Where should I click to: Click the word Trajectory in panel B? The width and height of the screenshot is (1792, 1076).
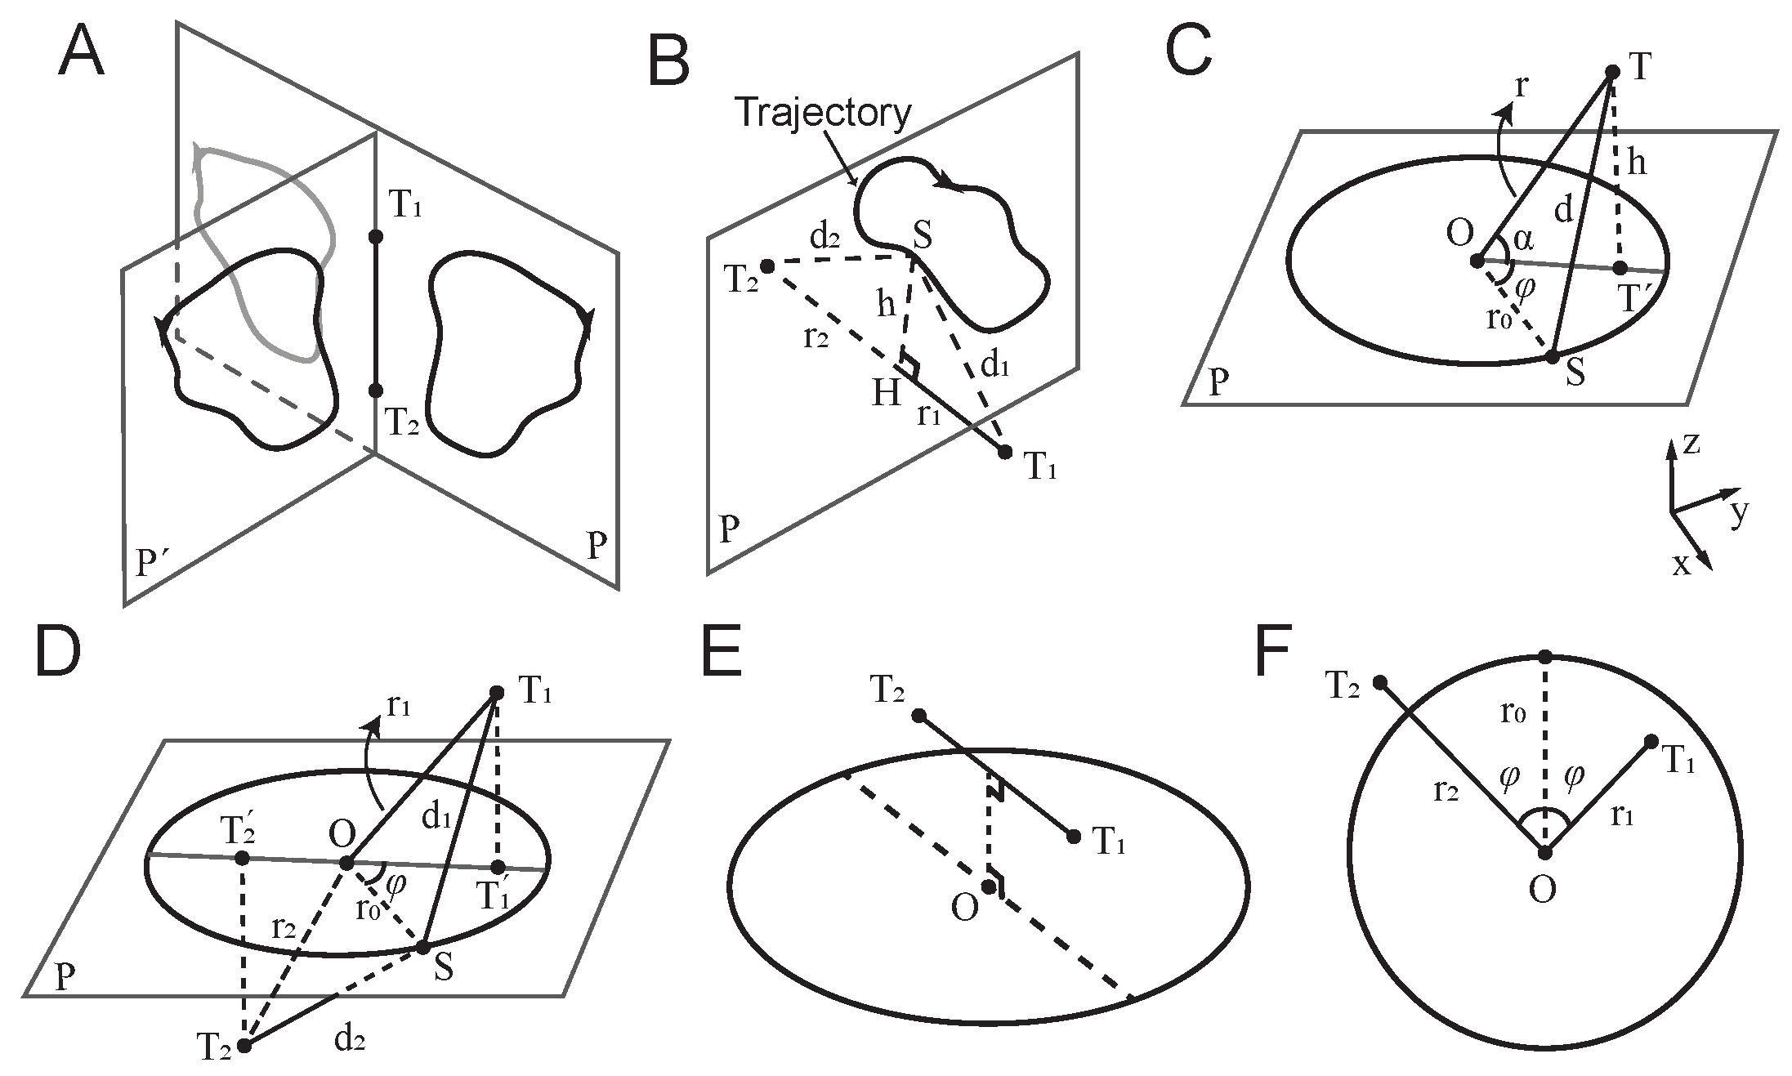[824, 112]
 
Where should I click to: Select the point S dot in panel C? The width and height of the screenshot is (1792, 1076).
[1551, 356]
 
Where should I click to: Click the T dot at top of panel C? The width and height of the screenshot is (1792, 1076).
[1612, 72]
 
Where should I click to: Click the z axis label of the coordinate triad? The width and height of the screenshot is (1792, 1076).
[1691, 444]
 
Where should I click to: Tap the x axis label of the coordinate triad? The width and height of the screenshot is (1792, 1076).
[1680, 565]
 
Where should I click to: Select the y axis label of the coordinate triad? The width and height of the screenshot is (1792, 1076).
[1740, 511]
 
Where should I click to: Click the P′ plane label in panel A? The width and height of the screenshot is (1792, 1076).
[152, 562]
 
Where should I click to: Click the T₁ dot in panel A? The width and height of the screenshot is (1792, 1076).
[376, 237]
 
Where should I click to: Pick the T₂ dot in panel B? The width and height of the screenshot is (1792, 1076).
[766, 266]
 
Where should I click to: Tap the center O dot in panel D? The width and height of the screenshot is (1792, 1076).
[346, 863]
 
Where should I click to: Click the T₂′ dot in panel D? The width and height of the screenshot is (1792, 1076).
[242, 858]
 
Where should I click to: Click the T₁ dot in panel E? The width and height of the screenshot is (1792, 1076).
[1074, 837]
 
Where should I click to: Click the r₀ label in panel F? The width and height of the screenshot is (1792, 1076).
[1514, 714]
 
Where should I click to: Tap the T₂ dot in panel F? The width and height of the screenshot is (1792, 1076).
[1379, 682]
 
